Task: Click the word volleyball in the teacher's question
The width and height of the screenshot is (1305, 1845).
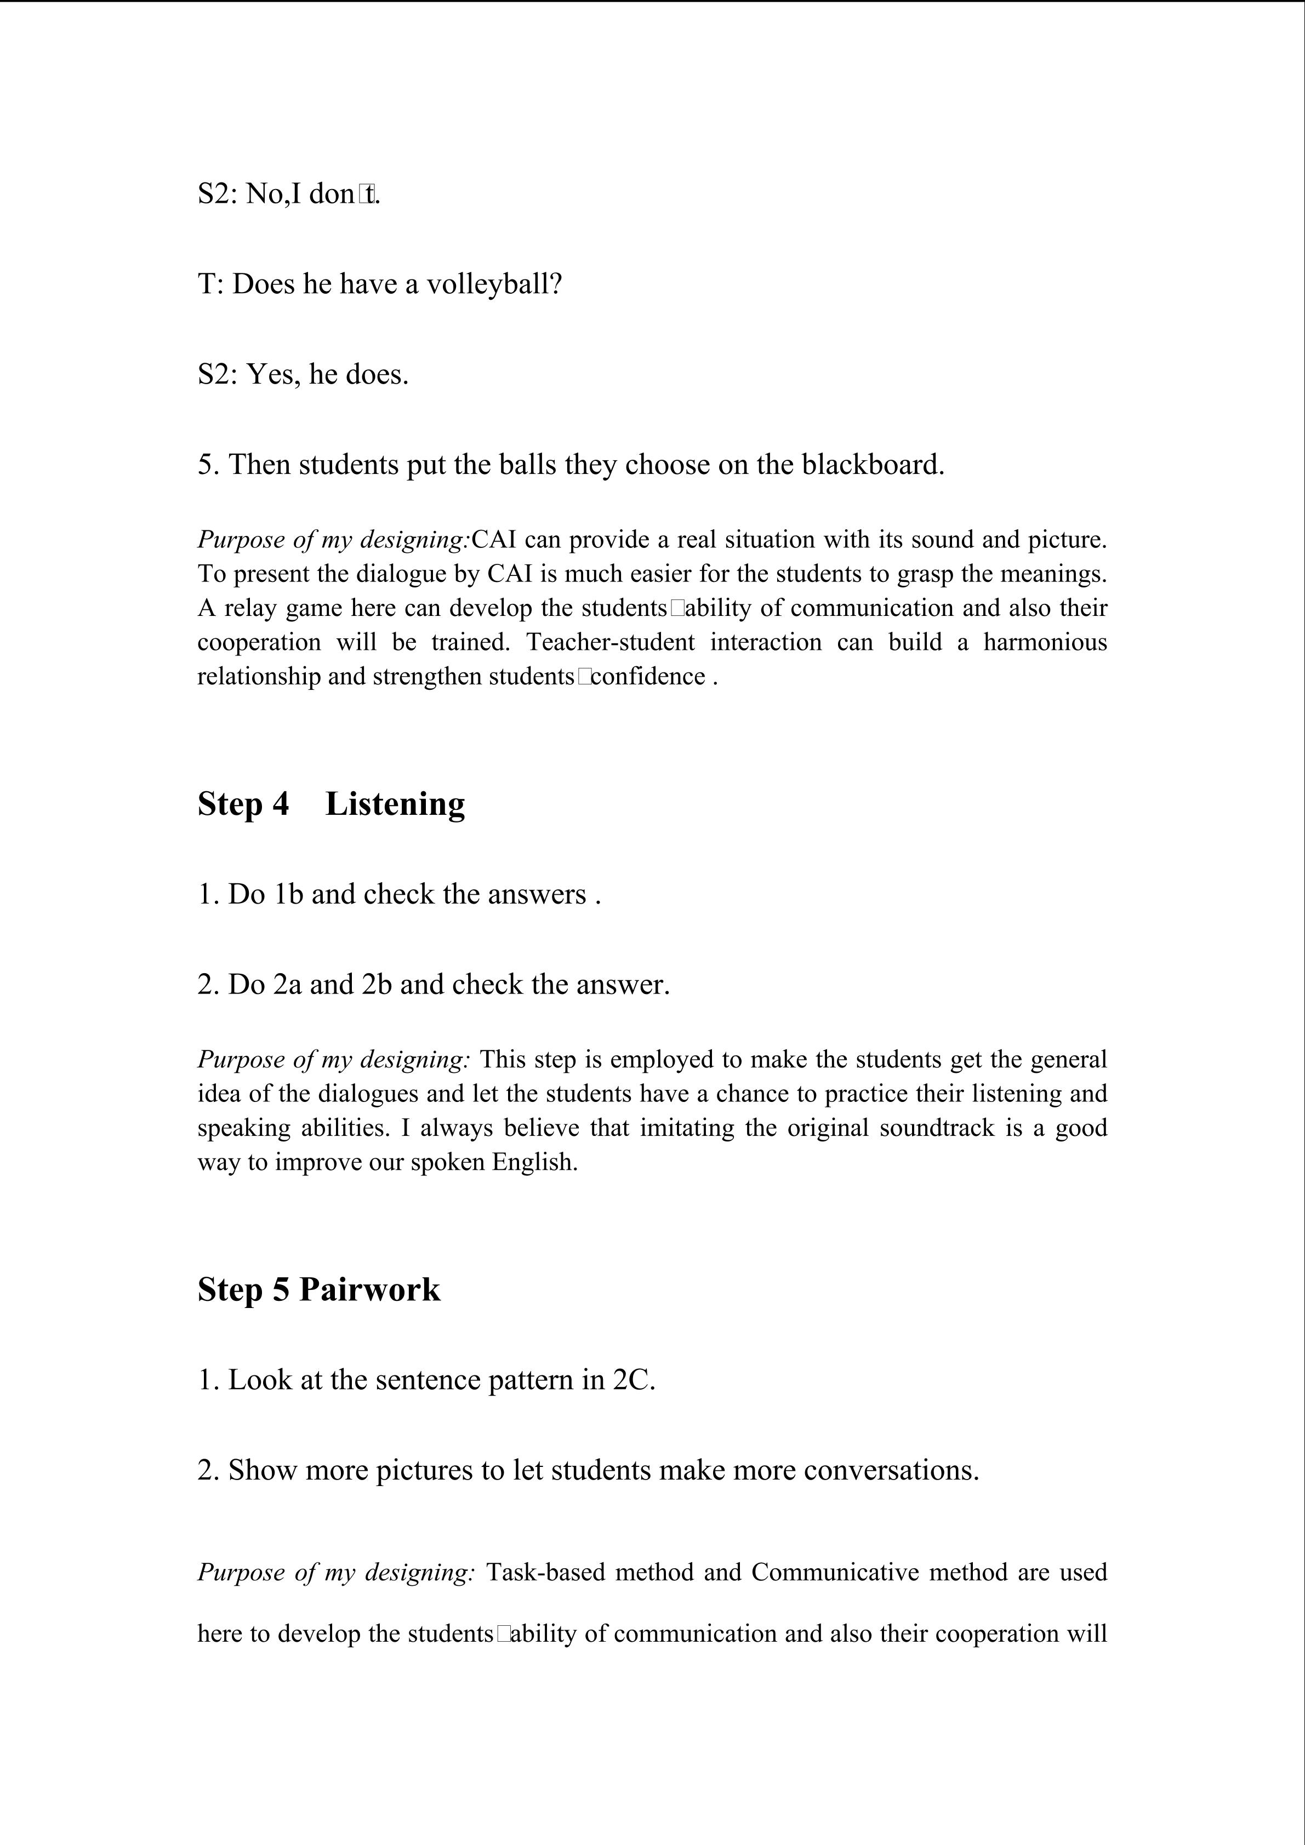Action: pyautogui.click(x=493, y=284)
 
